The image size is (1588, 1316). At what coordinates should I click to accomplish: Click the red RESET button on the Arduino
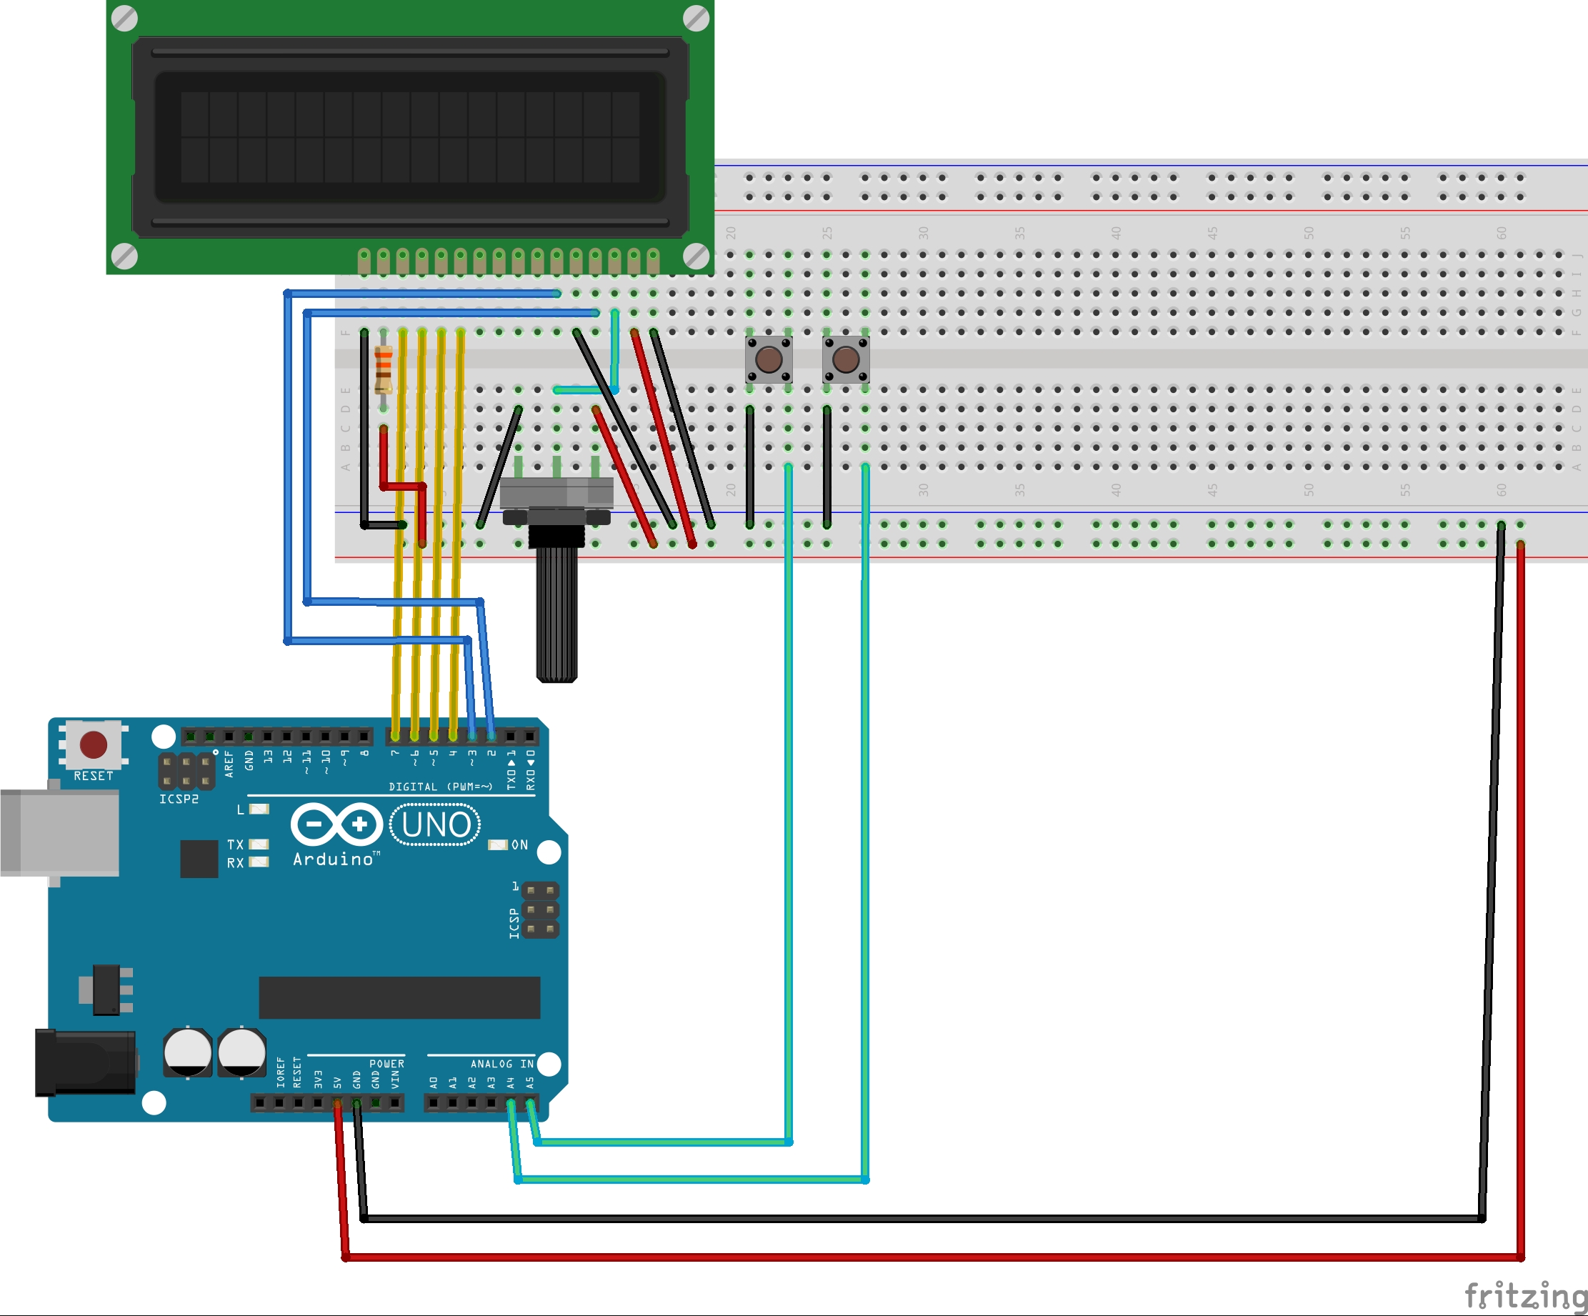94,744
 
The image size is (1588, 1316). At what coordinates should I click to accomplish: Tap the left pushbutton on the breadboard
769,360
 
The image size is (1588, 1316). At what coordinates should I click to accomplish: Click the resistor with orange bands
384,369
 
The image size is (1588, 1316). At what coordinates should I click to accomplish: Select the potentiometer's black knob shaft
557,612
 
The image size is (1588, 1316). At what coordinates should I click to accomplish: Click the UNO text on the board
436,824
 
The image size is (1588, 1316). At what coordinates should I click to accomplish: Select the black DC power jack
86,1062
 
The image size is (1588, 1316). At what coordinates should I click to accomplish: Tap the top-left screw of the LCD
125,18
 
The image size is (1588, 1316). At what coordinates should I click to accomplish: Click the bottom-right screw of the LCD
696,256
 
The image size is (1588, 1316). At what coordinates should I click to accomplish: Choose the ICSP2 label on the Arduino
179,799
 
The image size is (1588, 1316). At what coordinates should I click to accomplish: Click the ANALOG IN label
502,1063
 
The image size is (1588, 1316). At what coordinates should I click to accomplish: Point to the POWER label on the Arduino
386,1063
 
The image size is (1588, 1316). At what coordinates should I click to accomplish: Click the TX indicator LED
259,844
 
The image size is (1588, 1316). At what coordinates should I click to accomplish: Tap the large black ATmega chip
399,997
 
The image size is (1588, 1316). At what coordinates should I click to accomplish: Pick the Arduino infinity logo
336,824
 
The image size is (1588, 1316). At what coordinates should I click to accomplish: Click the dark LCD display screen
410,137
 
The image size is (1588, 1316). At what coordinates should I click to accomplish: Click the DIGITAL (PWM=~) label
440,787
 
